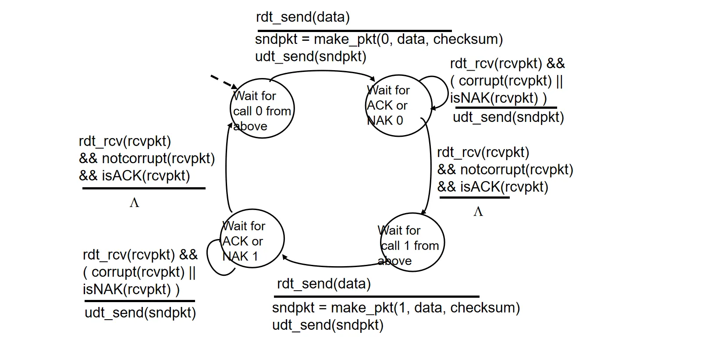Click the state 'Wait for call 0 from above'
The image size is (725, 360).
[x=262, y=109]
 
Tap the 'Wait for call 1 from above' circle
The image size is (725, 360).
[x=411, y=242]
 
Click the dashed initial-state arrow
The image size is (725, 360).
[x=223, y=82]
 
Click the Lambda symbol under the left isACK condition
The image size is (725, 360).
[x=134, y=203]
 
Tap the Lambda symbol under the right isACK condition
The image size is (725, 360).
[x=478, y=212]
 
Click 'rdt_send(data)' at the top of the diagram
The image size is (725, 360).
[x=303, y=17]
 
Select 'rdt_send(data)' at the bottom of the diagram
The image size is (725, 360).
[x=324, y=284]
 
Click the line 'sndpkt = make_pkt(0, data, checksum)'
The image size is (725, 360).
[x=379, y=39]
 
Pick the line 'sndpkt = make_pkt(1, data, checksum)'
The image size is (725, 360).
[x=396, y=307]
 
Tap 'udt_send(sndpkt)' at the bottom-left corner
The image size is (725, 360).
[x=140, y=313]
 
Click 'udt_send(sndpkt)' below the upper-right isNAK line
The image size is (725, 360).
[x=508, y=117]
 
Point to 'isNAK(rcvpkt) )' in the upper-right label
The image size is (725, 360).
[x=498, y=98]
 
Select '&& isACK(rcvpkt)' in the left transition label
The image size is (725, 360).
[x=135, y=175]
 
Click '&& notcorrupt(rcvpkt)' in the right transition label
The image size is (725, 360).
[x=505, y=169]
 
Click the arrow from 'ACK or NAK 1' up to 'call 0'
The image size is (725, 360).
[x=226, y=167]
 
